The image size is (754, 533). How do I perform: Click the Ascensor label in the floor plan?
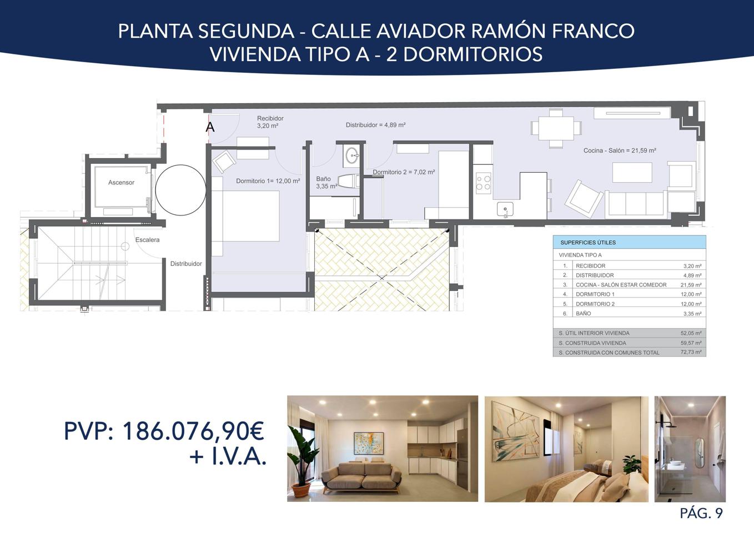click(x=121, y=182)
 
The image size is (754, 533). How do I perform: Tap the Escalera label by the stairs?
click(x=148, y=240)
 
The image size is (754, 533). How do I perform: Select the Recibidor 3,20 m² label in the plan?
click(x=270, y=122)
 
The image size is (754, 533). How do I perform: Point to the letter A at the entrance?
click(x=210, y=127)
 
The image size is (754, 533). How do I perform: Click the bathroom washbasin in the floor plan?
click(x=353, y=155)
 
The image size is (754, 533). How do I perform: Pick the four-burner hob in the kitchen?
click(x=484, y=182)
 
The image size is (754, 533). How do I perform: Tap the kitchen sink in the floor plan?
click(x=505, y=209)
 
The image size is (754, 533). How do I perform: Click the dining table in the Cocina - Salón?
click(x=556, y=128)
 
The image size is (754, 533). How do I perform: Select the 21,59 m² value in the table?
click(x=692, y=285)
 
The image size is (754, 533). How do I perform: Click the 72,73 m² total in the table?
click(x=692, y=353)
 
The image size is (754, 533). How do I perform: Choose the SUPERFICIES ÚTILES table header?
click(x=588, y=243)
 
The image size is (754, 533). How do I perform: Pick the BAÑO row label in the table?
click(x=584, y=314)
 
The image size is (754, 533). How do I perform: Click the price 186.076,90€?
click(x=193, y=431)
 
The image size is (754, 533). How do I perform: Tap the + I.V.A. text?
click(x=228, y=457)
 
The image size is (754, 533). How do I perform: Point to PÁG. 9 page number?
click(x=701, y=514)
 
